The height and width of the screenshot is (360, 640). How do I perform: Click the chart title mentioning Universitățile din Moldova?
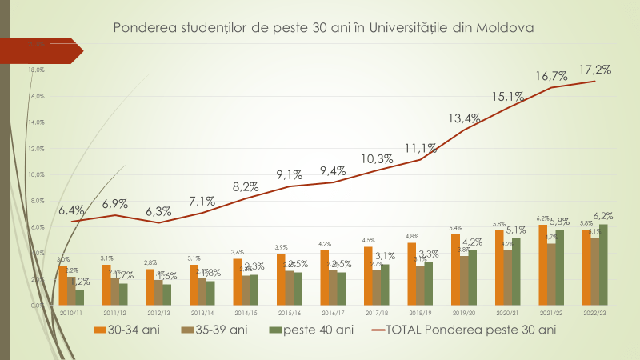tap(323, 27)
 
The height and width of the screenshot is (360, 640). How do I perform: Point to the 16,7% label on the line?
tap(551, 77)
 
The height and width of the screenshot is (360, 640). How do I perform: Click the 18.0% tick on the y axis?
tap(37, 70)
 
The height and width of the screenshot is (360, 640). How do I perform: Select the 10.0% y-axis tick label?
tap(37, 174)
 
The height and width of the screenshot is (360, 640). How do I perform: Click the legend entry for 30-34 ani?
tap(127, 329)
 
